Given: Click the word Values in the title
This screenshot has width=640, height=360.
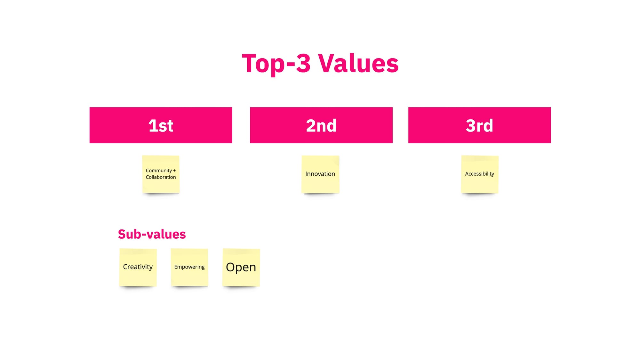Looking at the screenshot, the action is [x=358, y=63].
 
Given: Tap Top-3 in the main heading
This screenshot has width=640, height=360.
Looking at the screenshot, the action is [x=276, y=64].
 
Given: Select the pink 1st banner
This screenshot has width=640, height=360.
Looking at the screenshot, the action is [x=161, y=125].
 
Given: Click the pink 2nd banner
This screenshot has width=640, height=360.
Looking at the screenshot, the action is [x=321, y=125].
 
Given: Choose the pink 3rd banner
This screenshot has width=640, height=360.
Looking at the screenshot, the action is [x=479, y=125].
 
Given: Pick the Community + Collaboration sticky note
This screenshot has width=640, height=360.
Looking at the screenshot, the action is [x=161, y=174].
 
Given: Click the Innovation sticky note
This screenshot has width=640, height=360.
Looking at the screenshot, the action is [x=320, y=174].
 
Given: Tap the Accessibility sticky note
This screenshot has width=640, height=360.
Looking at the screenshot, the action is [x=480, y=174].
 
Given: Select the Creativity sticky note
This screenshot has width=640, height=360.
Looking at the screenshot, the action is [x=138, y=267].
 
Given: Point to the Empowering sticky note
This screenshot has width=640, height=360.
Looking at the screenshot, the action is [x=189, y=267].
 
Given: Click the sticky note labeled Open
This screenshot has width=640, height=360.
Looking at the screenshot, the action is [x=241, y=267].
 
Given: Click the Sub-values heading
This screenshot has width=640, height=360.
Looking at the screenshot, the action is [x=152, y=234].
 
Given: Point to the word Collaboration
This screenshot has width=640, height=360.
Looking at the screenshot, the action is [x=161, y=177].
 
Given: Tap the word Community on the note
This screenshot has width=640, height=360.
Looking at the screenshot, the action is [x=159, y=171].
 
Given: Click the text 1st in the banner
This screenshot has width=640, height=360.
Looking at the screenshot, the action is [x=161, y=125].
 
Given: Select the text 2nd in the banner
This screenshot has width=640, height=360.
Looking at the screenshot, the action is [x=321, y=125].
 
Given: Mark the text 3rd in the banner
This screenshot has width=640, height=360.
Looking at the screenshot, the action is [x=479, y=125].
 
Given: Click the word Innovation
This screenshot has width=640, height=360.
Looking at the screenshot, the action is [x=320, y=174].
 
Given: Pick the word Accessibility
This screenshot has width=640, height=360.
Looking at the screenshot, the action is [x=479, y=174].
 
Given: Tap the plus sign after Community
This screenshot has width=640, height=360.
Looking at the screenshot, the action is [x=174, y=171].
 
